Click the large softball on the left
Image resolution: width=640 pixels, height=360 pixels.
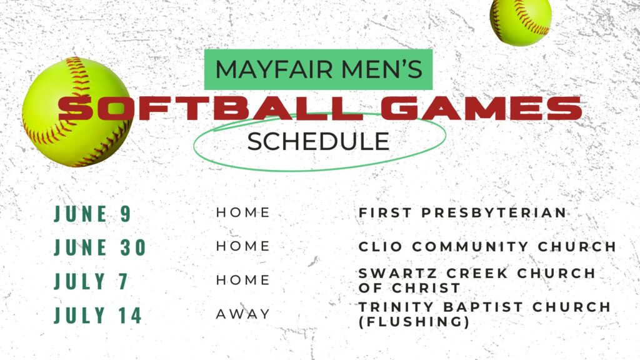(x=77, y=112)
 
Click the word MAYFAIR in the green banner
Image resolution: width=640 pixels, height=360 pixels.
(x=274, y=69)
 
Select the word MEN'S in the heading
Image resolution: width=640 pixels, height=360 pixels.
(x=382, y=69)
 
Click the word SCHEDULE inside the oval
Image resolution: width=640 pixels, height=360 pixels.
(x=318, y=141)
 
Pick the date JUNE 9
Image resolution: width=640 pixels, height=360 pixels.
(x=92, y=214)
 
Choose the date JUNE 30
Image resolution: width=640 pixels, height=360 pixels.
(x=100, y=247)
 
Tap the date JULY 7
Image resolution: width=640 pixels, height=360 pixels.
(x=91, y=281)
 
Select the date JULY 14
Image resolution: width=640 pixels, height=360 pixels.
(x=98, y=315)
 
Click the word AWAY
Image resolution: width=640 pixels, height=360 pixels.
(x=243, y=314)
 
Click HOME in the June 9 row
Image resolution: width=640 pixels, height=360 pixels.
(x=243, y=212)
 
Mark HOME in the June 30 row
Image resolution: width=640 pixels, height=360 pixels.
(x=243, y=246)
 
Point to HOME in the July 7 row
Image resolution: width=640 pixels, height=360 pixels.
(x=243, y=279)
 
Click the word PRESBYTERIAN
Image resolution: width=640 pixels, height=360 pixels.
(x=494, y=212)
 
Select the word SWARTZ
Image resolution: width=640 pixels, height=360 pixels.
(x=397, y=273)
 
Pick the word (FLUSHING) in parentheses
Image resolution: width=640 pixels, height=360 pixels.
(x=414, y=322)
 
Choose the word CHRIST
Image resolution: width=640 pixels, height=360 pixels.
(x=426, y=287)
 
